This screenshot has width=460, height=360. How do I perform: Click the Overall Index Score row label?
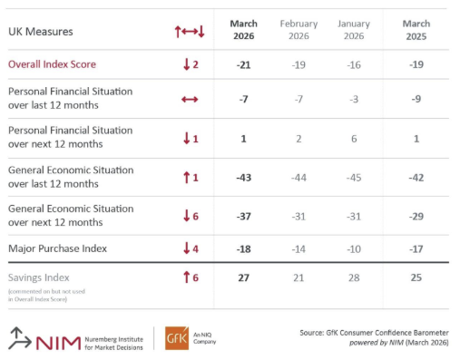(52, 64)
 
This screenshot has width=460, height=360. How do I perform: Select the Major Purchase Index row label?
(57, 248)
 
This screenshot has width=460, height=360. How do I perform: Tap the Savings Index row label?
(38, 277)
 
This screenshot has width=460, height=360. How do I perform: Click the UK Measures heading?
(41, 32)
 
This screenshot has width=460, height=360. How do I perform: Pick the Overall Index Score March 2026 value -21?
(243, 64)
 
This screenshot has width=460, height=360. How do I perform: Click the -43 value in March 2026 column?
(243, 177)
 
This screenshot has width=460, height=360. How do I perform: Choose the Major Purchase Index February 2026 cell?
(299, 248)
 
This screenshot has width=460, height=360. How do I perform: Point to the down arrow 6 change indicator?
(191, 215)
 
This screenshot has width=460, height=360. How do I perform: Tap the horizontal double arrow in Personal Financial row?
(190, 99)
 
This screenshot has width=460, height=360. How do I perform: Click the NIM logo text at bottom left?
(58, 340)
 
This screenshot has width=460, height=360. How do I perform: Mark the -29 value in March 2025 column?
(416, 215)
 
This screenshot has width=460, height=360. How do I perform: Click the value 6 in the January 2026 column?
(353, 139)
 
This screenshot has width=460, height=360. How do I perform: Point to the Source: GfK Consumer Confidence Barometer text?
(373, 333)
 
